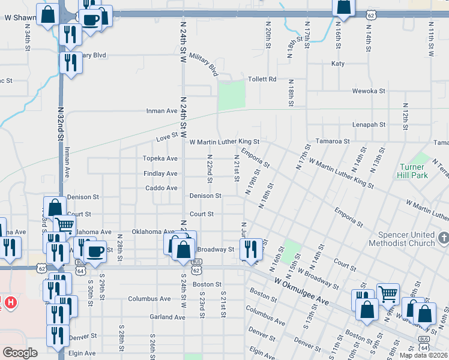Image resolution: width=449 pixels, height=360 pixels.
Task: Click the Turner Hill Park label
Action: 412,171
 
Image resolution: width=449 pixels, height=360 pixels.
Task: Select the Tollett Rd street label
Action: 263,79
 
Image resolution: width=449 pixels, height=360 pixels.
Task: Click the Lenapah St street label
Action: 368,124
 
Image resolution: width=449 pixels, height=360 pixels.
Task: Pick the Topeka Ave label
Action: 160,158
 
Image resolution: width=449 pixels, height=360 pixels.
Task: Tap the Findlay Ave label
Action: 160,173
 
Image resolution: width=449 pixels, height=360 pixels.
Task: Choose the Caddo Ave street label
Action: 161,188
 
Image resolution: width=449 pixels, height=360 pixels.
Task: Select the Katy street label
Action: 338,63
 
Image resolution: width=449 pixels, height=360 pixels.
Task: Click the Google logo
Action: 20,353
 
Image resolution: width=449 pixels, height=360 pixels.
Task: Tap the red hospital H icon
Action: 10,302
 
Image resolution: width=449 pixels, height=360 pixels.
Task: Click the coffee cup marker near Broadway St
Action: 95,250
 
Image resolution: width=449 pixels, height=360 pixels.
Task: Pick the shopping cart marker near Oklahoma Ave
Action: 64,225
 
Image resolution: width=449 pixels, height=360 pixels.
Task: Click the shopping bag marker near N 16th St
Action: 343,6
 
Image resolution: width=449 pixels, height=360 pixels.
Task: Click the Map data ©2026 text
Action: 423,355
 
